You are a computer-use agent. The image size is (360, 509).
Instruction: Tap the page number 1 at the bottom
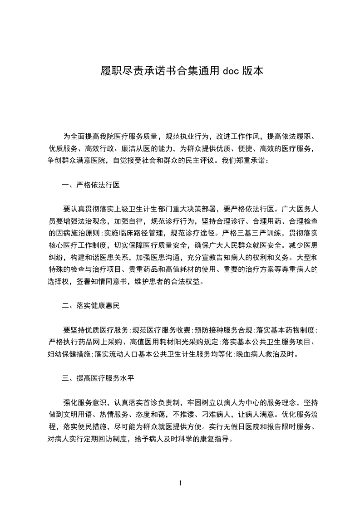(x=180, y=483)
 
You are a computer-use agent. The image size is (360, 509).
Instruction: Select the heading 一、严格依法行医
(x=91, y=185)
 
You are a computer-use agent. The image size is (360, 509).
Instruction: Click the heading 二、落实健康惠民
(x=91, y=306)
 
